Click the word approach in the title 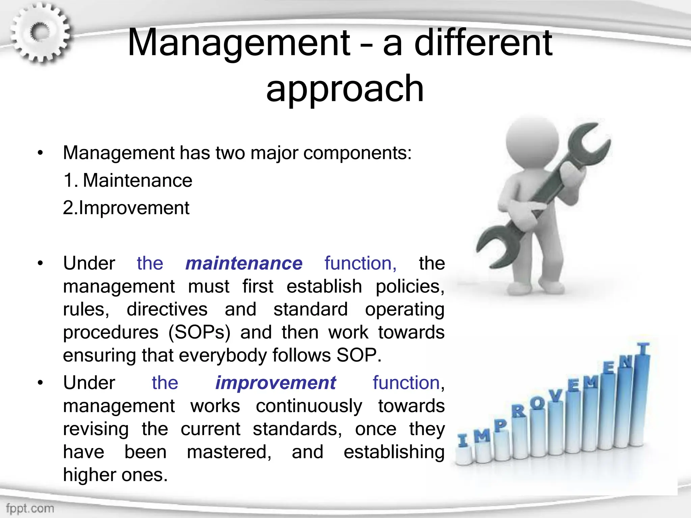[x=344, y=88]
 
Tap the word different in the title [x=483, y=43]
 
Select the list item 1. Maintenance [x=128, y=180]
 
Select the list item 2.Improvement [x=126, y=208]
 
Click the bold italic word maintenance [x=244, y=263]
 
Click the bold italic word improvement [x=275, y=383]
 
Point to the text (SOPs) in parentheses [x=199, y=332]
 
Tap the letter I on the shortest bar [x=463, y=440]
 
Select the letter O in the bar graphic [x=537, y=403]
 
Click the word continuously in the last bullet [x=309, y=406]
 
